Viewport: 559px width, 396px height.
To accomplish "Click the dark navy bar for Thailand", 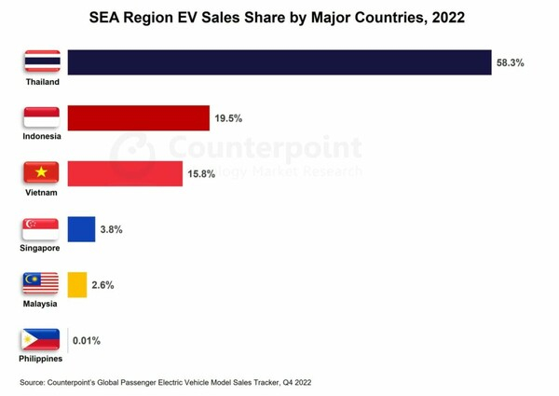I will pyautogui.click(x=279, y=62).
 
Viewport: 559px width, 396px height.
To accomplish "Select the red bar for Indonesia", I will pyautogui.click(x=138, y=117).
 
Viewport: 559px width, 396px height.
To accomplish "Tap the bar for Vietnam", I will pyautogui.click(x=125, y=173).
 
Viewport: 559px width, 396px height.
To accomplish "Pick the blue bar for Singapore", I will pyautogui.click(x=81, y=228).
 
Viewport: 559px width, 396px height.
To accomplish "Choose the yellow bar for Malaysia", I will pyautogui.click(x=76, y=284).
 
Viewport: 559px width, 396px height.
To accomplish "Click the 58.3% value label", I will pyautogui.click(x=511, y=63).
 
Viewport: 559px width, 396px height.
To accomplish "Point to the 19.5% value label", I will pyautogui.click(x=228, y=118).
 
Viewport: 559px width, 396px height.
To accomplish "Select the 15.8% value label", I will pyautogui.click(x=201, y=174).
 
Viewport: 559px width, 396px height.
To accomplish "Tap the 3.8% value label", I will pyautogui.click(x=112, y=229).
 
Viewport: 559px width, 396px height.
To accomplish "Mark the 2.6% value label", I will pyautogui.click(x=102, y=285).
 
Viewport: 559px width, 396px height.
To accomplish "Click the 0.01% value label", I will pyautogui.click(x=87, y=341).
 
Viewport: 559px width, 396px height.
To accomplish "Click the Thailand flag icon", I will pyautogui.click(x=42, y=61).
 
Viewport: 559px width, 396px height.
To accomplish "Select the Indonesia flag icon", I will pyautogui.click(x=42, y=116).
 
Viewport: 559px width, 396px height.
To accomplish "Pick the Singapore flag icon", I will pyautogui.click(x=42, y=227).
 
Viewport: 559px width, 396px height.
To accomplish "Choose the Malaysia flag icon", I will pyautogui.click(x=42, y=283).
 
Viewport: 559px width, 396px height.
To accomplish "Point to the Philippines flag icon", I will pyautogui.click(x=42, y=339).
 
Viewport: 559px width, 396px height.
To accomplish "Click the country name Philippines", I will pyautogui.click(x=42, y=359).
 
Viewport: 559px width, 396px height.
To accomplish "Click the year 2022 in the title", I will pyautogui.click(x=444, y=17).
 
